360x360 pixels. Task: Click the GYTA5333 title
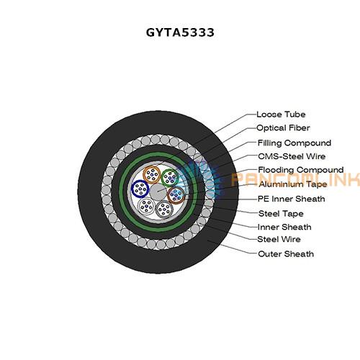180,32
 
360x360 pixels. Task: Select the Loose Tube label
281,114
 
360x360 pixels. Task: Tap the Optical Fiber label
283,128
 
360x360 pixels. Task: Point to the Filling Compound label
294,143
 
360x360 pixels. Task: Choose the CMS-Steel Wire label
292,156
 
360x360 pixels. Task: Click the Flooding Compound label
301,170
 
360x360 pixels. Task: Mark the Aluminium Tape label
293,184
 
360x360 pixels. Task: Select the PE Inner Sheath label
291,199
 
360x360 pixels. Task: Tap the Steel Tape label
281,214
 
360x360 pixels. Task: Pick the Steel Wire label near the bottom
279,239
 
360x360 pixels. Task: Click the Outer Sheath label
286,254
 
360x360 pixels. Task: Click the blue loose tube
140,189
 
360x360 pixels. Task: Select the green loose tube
170,178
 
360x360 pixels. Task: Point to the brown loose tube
176,195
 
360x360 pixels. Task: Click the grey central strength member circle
158,192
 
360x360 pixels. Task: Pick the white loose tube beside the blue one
146,206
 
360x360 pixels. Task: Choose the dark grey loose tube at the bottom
164,209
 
